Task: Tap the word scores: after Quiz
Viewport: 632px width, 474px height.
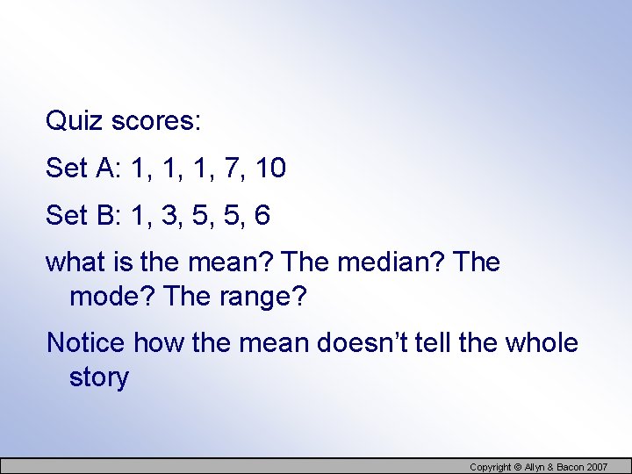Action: coord(154,121)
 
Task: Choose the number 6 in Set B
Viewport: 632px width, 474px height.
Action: coord(262,215)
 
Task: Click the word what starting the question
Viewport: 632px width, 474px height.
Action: coord(74,262)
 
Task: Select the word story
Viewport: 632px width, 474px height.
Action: coord(98,377)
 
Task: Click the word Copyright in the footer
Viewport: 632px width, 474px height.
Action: coord(491,467)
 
